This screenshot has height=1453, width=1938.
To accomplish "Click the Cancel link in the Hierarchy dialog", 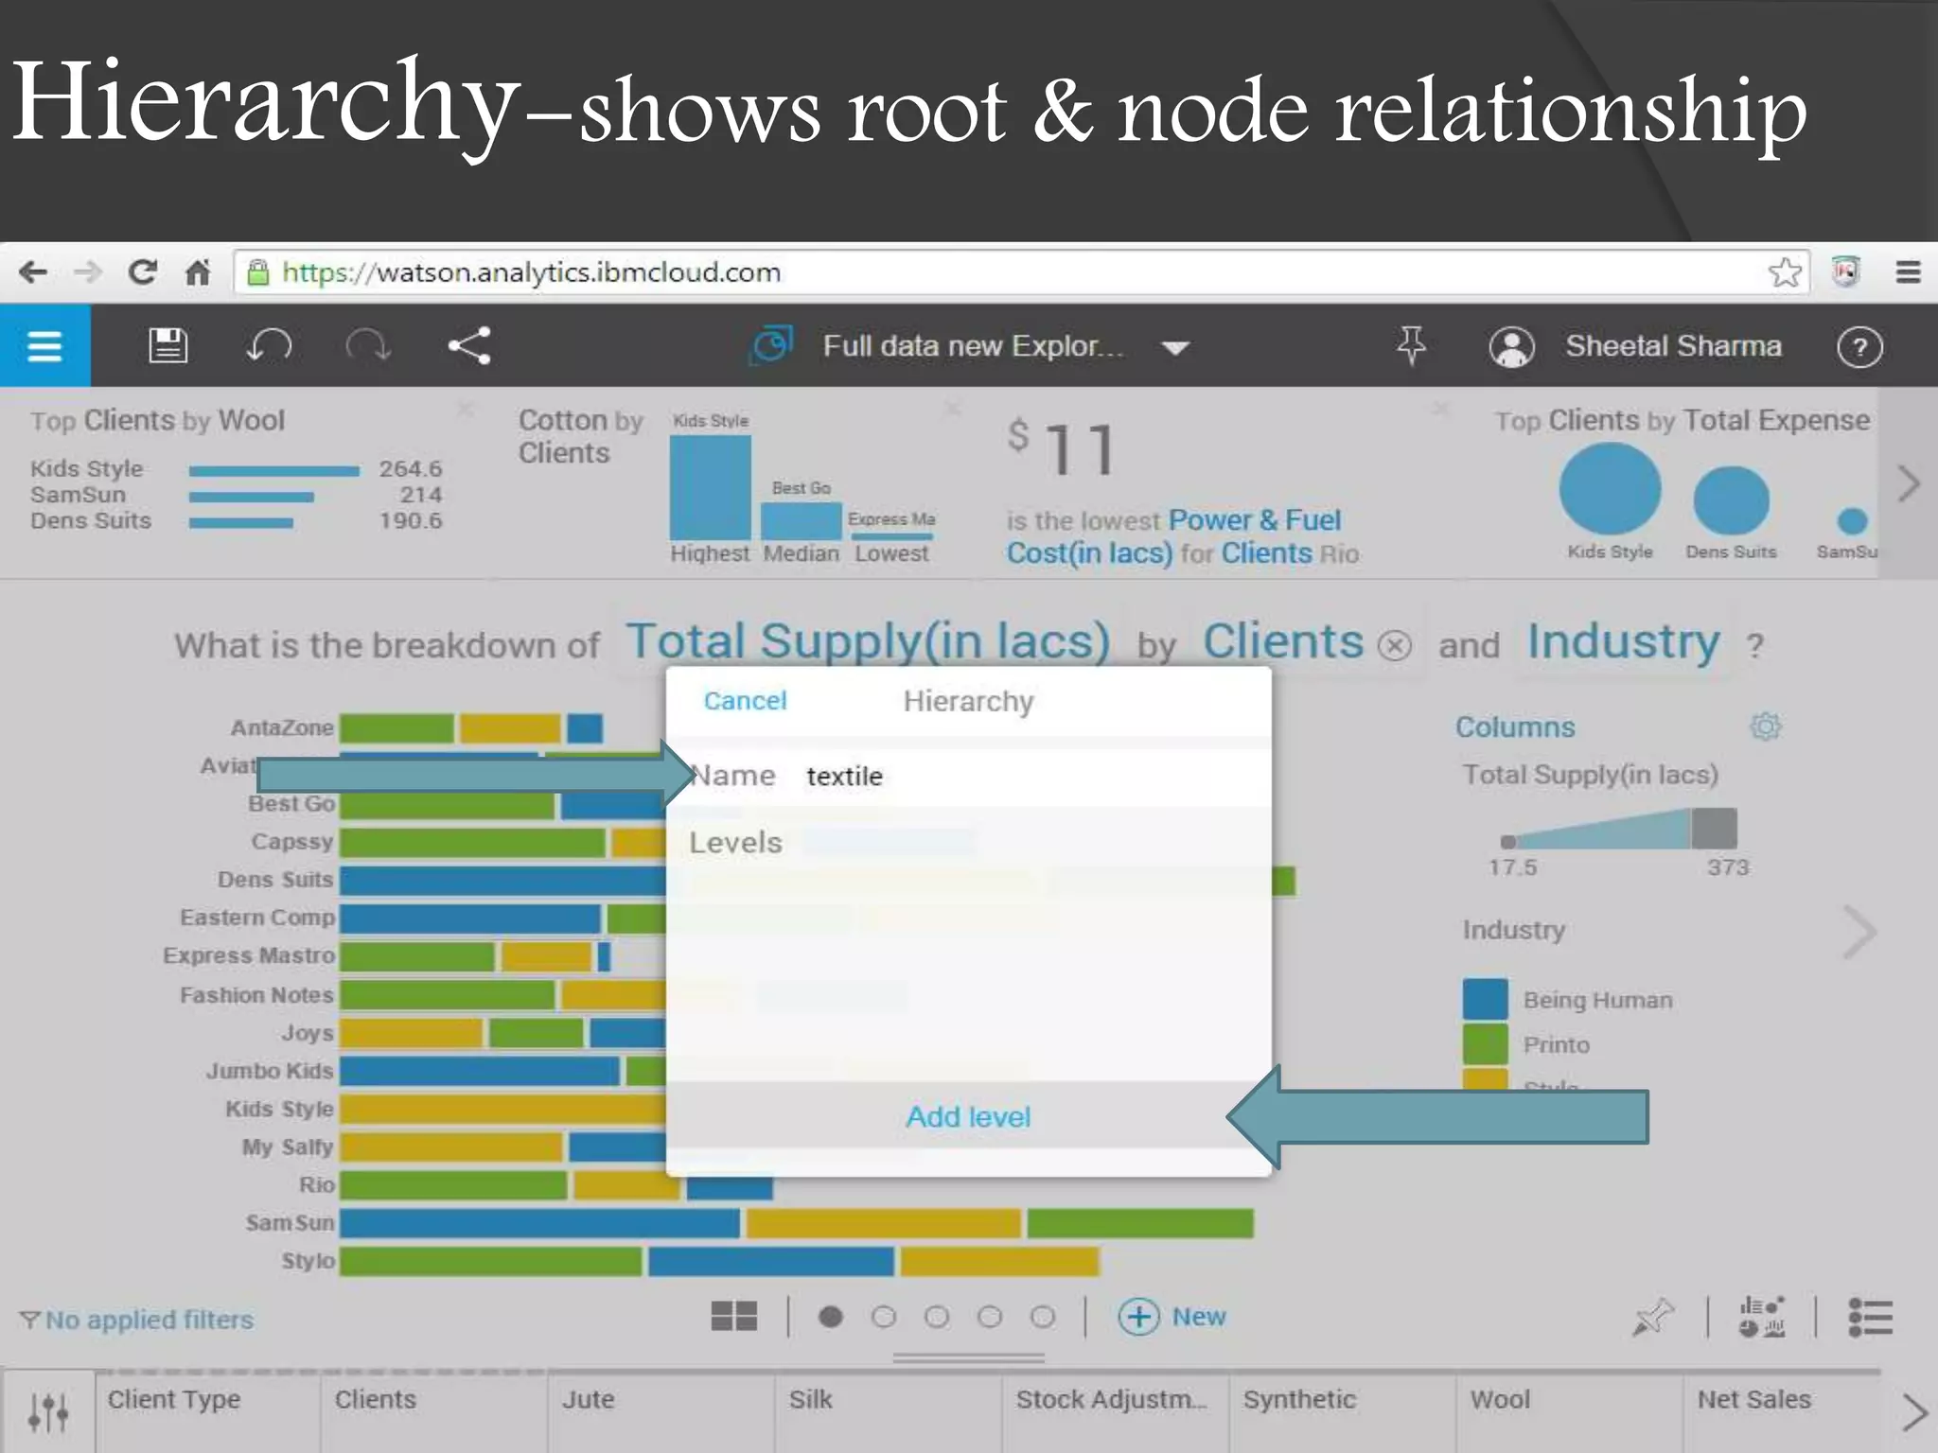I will (x=745, y=701).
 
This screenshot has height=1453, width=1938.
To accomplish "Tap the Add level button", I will (x=968, y=1117).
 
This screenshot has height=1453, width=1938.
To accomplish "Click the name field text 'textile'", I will (x=844, y=777).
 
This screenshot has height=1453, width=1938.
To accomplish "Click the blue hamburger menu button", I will (x=44, y=346).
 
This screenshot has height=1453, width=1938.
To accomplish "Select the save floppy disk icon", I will (x=168, y=346).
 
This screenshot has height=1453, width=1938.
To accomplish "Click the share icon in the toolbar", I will (x=469, y=346).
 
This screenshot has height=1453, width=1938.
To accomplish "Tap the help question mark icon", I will (x=1859, y=347).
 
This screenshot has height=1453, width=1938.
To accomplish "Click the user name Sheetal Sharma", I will (x=1672, y=346).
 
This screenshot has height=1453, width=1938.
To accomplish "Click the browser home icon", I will (x=197, y=273).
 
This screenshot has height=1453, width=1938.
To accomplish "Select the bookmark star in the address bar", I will (x=1785, y=272).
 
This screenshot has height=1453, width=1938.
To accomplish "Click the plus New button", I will (x=1172, y=1317).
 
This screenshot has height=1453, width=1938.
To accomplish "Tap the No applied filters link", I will (x=149, y=1320).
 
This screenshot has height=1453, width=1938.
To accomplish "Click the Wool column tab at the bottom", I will (x=1500, y=1400).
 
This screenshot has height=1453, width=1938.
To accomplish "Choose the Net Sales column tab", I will (x=1753, y=1400).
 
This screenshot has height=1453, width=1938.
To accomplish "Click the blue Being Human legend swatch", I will (x=1485, y=1000).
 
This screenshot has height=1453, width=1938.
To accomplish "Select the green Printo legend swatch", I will (x=1485, y=1045).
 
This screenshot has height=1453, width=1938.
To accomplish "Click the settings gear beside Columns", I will (x=1765, y=726).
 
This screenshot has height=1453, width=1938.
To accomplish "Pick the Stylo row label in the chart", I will (x=308, y=1261).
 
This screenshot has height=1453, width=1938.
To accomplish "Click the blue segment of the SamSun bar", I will (x=539, y=1223).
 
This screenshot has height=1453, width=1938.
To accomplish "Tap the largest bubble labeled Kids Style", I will (x=1610, y=490).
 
